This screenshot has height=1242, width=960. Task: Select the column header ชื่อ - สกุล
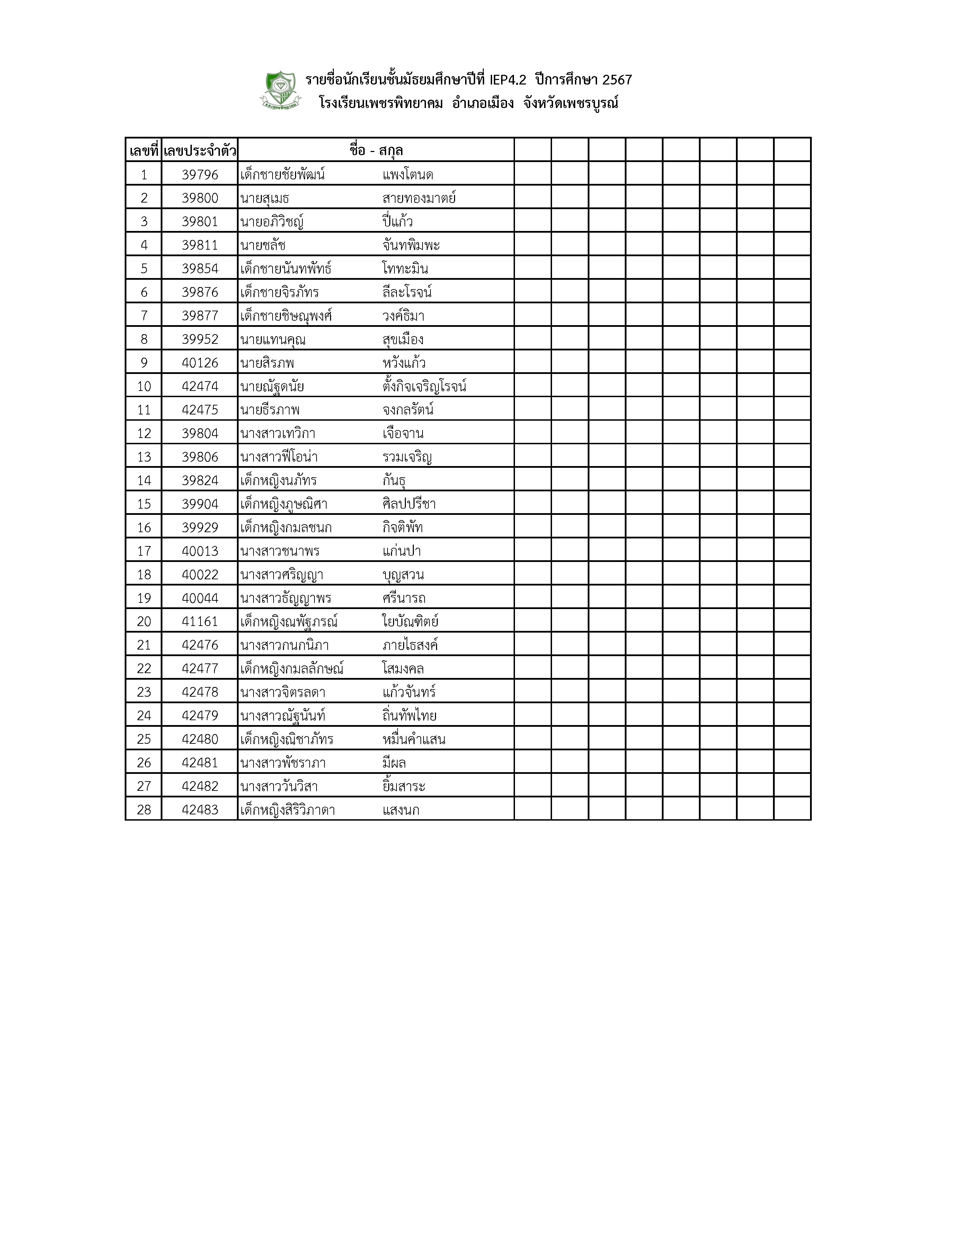point(376,151)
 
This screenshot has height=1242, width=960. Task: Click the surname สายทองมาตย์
point(419,198)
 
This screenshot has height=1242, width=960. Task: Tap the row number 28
point(144,810)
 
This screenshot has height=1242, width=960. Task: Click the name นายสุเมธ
point(265,198)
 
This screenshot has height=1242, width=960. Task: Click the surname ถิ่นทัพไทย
point(409,715)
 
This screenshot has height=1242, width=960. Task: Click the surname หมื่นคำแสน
point(414,739)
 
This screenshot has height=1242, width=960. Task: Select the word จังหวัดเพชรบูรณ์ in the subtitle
point(570,104)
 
